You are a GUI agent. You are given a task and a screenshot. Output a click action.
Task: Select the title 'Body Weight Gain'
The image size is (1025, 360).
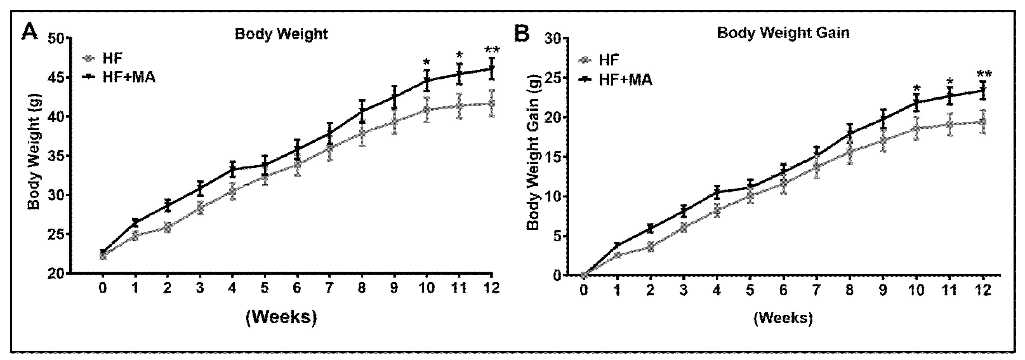(783, 33)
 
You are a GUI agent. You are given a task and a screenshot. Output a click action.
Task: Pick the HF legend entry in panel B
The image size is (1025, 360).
(609, 60)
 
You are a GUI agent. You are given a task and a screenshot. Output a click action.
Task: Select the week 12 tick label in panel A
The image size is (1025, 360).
(492, 288)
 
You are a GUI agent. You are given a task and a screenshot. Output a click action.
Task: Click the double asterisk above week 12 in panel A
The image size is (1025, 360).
(492, 51)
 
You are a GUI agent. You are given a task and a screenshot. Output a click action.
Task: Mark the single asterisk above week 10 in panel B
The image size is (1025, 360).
(917, 89)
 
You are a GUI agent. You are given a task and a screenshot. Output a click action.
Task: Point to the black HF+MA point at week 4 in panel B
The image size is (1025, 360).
(717, 192)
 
